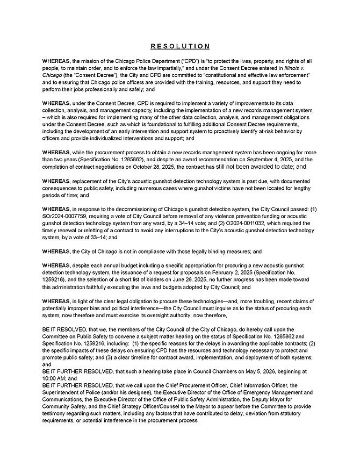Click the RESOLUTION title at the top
179,46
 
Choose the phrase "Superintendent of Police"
74,407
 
